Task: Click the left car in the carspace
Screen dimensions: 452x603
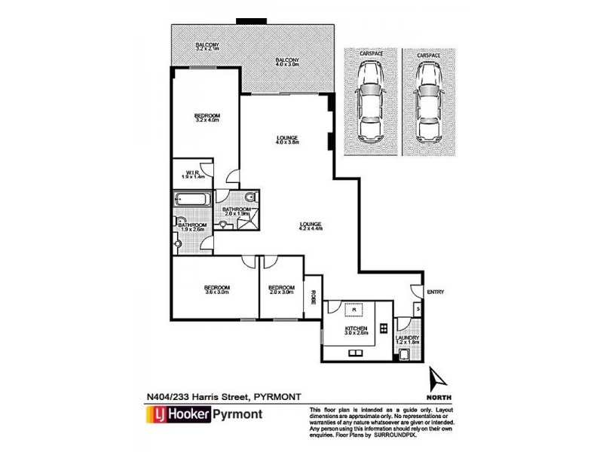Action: [370, 102]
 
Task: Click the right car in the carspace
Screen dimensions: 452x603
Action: [428, 102]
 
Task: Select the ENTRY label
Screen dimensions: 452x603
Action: [435, 292]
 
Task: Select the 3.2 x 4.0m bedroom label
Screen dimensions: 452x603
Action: [207, 117]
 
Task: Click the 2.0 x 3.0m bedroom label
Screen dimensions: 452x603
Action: [280, 290]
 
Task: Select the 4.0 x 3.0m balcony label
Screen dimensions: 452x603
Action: [286, 63]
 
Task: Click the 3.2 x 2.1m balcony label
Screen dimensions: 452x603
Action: [207, 48]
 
